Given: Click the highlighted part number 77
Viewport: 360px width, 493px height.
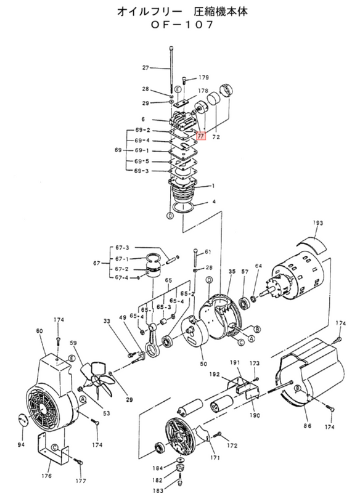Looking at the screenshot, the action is tap(201, 136).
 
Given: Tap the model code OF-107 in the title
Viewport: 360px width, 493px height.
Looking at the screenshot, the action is tap(182, 25).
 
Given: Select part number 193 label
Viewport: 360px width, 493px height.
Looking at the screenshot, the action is tap(317, 223).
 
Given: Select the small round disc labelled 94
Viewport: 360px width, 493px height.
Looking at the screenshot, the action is tap(22, 420).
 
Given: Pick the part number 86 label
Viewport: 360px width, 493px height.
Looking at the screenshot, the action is tap(307, 425).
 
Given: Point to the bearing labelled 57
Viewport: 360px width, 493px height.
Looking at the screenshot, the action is tap(244, 303).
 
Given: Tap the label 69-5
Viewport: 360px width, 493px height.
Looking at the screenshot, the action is tap(142, 161).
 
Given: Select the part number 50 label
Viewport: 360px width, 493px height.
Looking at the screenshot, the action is tap(203, 364).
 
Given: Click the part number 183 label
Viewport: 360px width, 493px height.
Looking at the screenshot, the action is tap(158, 490).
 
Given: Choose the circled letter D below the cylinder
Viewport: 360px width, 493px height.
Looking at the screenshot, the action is tap(170, 216).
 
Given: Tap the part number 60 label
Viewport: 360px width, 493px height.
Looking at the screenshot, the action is tap(39, 331).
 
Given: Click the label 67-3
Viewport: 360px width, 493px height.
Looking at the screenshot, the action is tap(122, 248).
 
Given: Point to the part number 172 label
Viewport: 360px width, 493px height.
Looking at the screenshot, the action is tap(232, 445).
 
